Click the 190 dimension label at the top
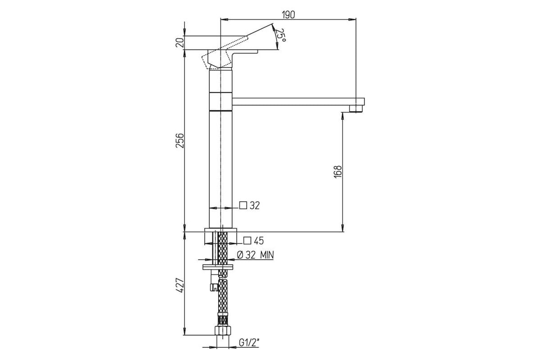[288, 15]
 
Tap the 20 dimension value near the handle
[180, 43]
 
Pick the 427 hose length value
[180, 286]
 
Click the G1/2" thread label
[249, 349]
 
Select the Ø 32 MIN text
[256, 255]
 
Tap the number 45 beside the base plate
[259, 241]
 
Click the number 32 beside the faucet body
[255, 206]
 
